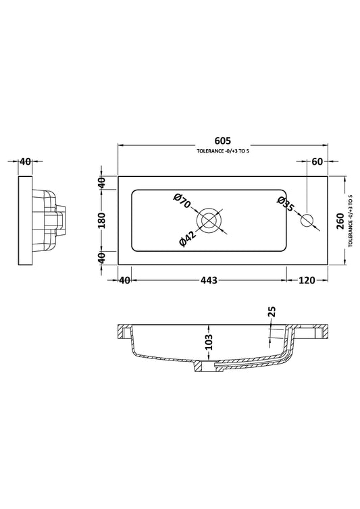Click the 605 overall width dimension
[223, 140]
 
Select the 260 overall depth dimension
[340, 221]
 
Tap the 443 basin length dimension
[209, 280]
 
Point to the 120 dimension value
[307, 280]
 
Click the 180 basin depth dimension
[102, 220]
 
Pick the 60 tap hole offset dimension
[317, 161]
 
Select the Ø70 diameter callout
[182, 201]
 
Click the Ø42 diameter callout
[188, 238]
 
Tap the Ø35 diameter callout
[286, 205]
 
